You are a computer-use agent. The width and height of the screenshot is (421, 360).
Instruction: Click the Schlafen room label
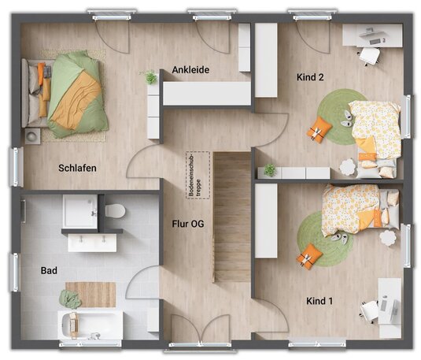(x=77, y=168)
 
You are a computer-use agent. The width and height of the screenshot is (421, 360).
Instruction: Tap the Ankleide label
(x=190, y=70)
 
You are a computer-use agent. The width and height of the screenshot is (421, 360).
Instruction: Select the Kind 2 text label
(x=310, y=77)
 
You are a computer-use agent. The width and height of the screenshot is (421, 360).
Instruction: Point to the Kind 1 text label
(x=319, y=301)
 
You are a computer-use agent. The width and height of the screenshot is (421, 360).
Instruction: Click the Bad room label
(x=49, y=270)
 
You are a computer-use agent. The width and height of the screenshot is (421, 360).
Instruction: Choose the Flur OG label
(x=188, y=224)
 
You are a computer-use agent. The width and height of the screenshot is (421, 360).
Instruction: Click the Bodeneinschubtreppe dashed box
(x=198, y=176)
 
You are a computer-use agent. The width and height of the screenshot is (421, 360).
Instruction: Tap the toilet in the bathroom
(x=115, y=211)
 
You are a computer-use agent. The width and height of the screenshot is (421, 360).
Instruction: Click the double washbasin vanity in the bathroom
(x=92, y=243)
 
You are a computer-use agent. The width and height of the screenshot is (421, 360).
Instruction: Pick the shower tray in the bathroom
(x=80, y=211)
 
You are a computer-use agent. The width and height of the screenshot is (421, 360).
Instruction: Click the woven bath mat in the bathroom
(x=90, y=295)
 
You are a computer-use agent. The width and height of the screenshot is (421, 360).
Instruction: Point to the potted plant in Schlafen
(x=150, y=77)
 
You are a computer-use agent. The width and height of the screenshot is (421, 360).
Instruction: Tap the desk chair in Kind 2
(x=369, y=56)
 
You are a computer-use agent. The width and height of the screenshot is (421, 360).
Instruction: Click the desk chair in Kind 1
(x=370, y=311)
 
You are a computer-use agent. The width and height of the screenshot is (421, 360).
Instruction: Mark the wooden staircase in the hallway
(x=232, y=217)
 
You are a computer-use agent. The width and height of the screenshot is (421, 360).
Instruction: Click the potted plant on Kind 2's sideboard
(x=270, y=170)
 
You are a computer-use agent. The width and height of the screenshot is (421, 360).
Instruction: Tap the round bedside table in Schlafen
(x=32, y=136)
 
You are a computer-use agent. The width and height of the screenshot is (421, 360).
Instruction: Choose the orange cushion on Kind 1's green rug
(x=309, y=255)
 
